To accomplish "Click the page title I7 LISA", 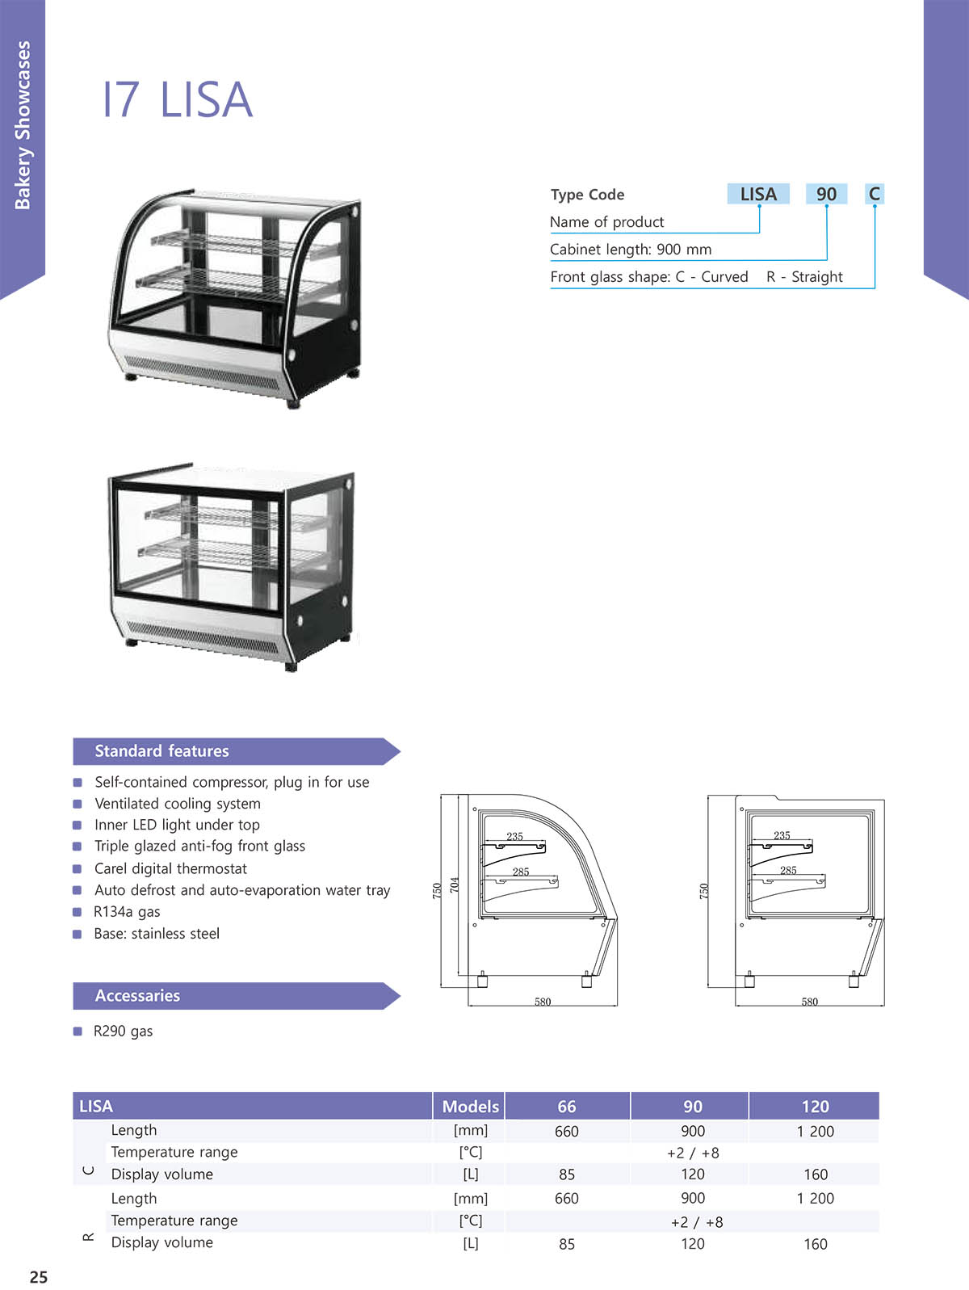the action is [178, 99].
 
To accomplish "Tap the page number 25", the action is [39, 1276].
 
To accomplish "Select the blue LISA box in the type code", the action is [758, 194].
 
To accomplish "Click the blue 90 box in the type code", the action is [826, 194].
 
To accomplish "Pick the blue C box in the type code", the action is [875, 194].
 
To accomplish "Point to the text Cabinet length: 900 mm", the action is [631, 249].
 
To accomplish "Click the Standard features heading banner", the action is [237, 751].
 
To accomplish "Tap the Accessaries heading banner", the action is [237, 995].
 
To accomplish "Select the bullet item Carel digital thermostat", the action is [170, 868].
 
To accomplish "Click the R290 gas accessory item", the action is [124, 1031].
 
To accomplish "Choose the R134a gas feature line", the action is [127, 911].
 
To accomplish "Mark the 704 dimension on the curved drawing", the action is [454, 885].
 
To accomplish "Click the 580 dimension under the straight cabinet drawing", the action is [810, 1002].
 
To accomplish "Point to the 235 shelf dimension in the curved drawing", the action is [515, 836].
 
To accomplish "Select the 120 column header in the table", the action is [815, 1106].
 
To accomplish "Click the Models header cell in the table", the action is [471, 1106].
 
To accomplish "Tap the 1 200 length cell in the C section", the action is [815, 1132].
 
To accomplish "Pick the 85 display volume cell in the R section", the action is [567, 1244].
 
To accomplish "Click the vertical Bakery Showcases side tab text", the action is [23, 124].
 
